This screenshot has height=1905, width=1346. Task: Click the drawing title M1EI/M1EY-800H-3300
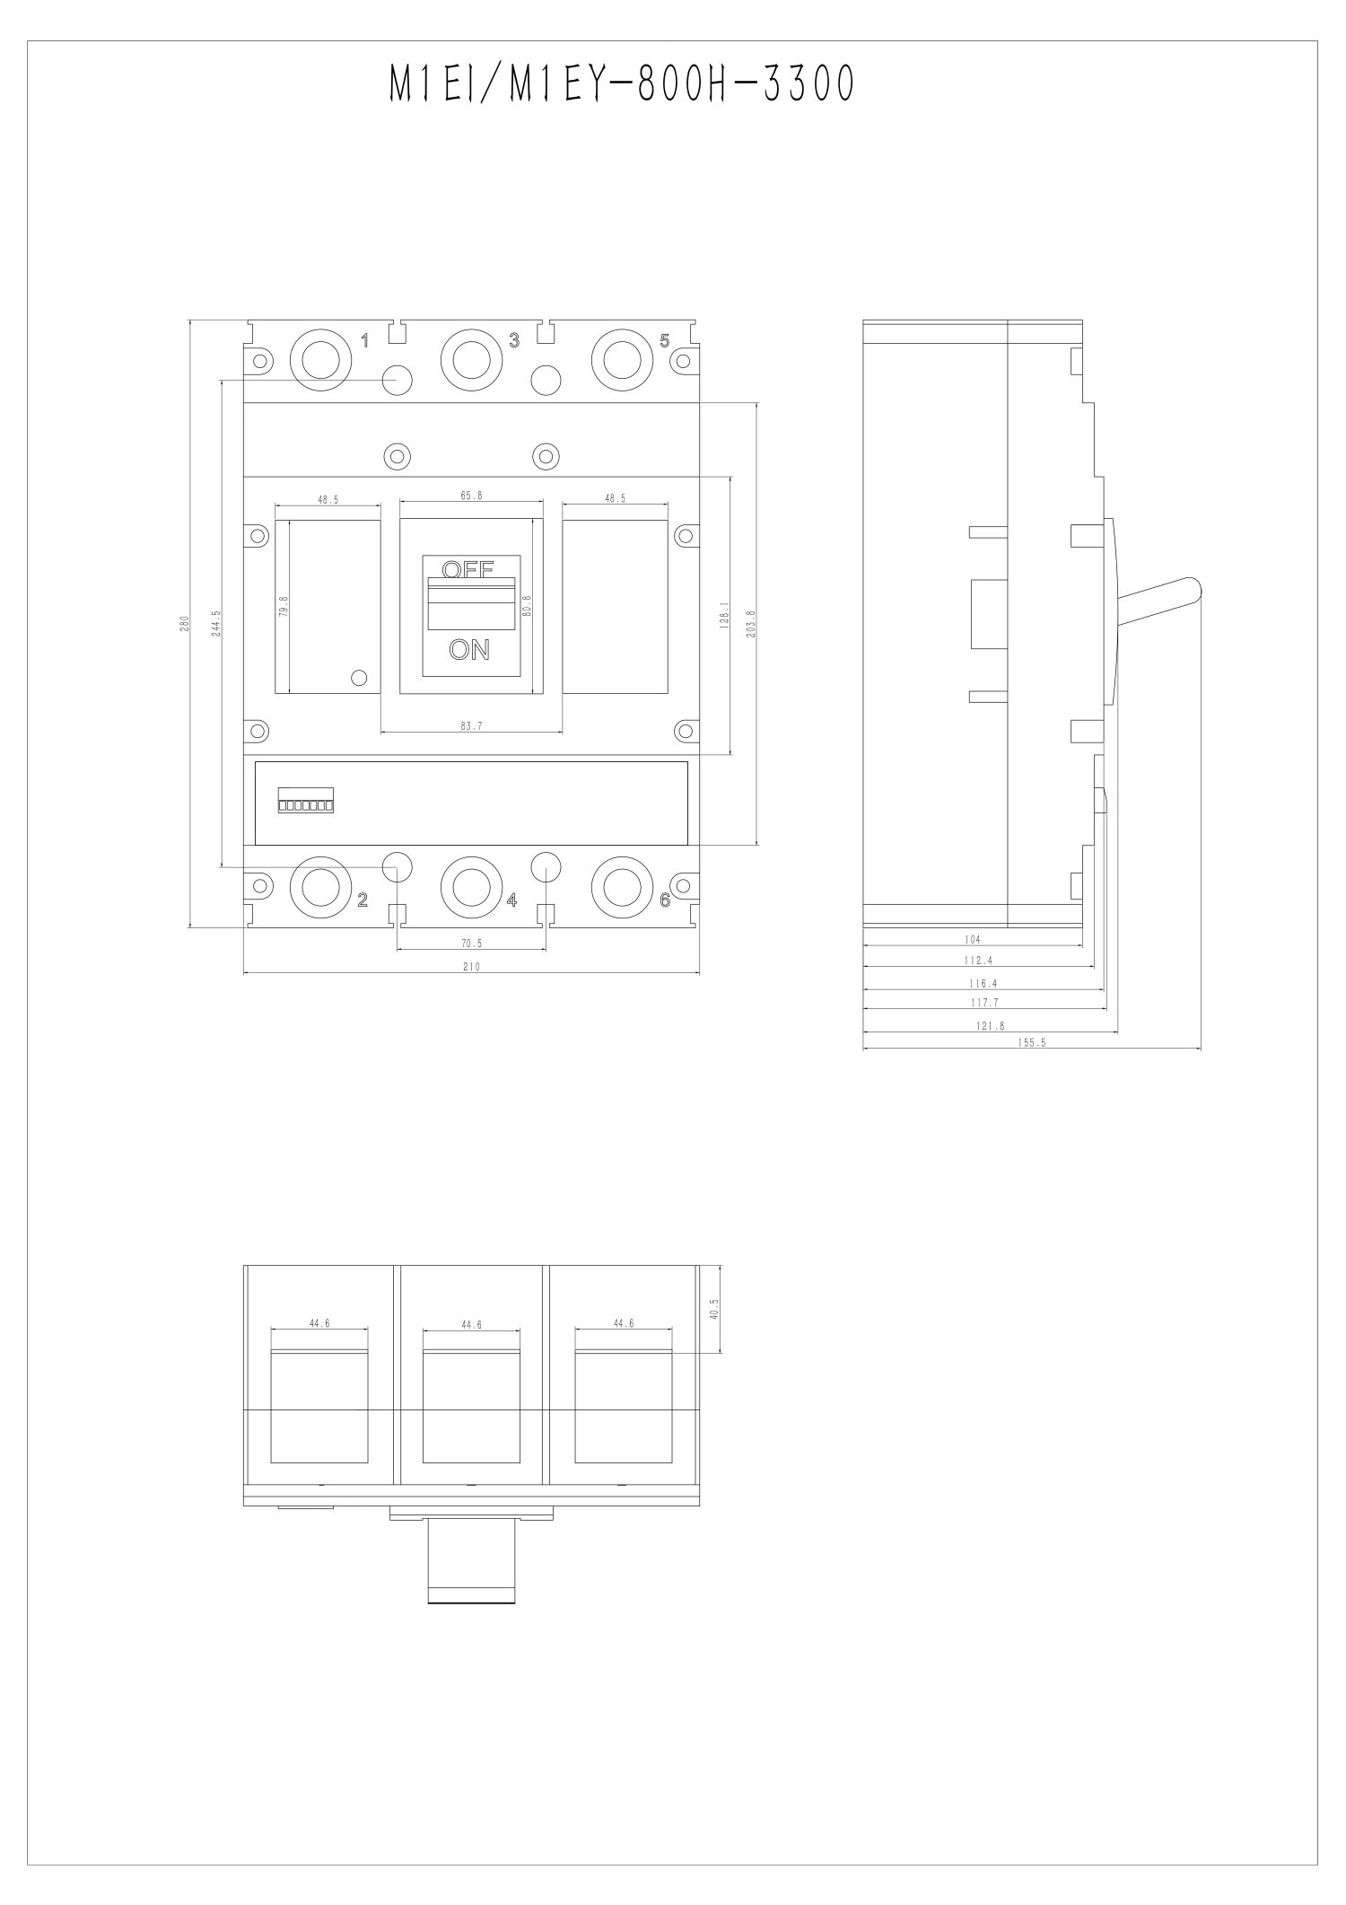pyautogui.click(x=622, y=86)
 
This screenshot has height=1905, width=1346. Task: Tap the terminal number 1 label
pyautogui.click(x=364, y=340)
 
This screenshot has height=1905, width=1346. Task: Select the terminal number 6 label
pyautogui.click(x=665, y=900)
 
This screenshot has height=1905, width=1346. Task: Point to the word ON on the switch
pyautogui.click(x=469, y=650)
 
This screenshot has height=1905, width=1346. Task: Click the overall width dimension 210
pyautogui.click(x=471, y=967)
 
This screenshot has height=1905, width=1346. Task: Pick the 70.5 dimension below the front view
pyautogui.click(x=471, y=944)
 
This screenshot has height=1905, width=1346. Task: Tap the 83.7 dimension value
pyautogui.click(x=471, y=727)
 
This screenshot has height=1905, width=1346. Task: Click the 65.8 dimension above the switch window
pyautogui.click(x=471, y=496)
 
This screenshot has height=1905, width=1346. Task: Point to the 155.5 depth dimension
pyautogui.click(x=1032, y=1043)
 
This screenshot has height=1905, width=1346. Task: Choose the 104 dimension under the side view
pyautogui.click(x=973, y=939)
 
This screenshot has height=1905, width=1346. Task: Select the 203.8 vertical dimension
pyautogui.click(x=751, y=623)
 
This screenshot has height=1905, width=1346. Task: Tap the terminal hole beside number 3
pyautogui.click(x=470, y=359)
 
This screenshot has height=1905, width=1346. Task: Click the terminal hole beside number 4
pyautogui.click(x=470, y=886)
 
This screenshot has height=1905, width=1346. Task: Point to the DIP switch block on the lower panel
pyautogui.click(x=306, y=801)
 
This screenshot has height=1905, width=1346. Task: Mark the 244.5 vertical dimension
pyautogui.click(x=216, y=623)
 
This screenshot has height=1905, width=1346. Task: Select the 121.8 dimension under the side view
pyautogui.click(x=990, y=1025)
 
